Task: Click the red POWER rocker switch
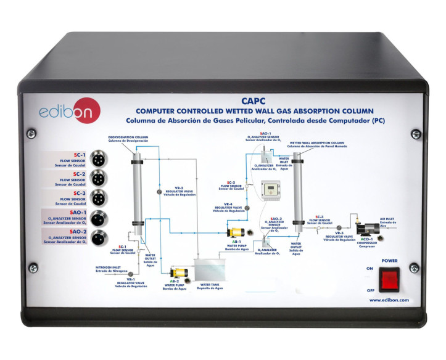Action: point(390,278)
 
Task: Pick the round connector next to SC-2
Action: point(98,178)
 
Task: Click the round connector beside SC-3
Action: point(98,198)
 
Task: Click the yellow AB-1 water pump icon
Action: point(236,234)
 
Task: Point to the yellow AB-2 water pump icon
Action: point(179,272)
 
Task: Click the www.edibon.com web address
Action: point(390,300)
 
